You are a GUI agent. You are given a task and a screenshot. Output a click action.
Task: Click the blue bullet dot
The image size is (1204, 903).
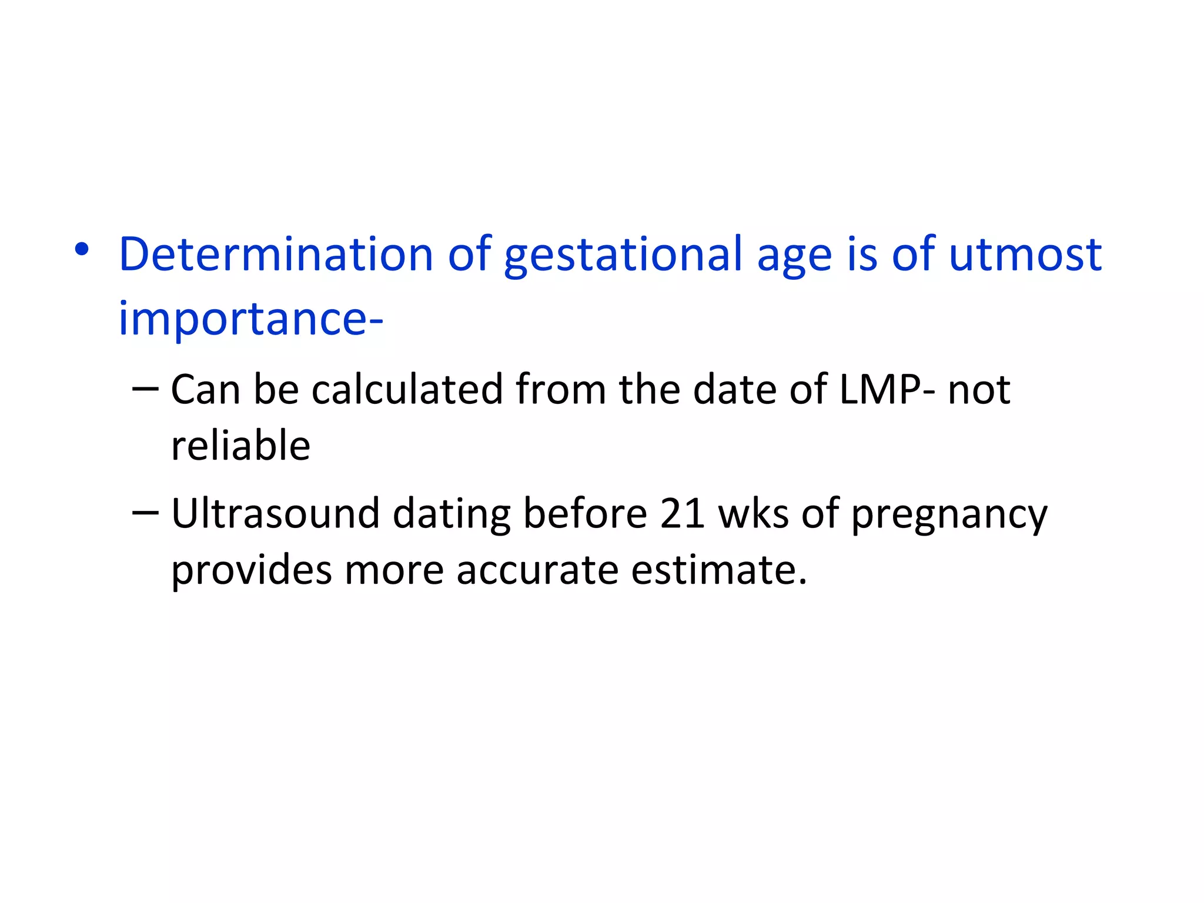(82, 250)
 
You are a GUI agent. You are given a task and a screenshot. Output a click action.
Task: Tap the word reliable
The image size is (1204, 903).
(240, 445)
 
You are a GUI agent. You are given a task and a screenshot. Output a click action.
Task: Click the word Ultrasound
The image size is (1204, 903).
(275, 513)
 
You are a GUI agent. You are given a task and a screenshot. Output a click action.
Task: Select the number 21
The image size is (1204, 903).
(682, 513)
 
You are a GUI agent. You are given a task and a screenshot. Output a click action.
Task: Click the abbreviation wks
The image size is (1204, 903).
(753, 513)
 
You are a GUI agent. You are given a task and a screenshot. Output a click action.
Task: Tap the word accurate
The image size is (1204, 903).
(537, 570)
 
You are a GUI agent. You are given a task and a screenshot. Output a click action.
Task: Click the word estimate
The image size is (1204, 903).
(719, 570)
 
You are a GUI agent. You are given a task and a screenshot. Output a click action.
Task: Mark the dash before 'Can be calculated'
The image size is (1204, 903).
(145, 389)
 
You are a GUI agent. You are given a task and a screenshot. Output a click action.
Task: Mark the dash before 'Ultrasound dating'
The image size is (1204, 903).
(145, 513)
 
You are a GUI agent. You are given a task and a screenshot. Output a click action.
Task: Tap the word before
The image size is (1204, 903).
(585, 513)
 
